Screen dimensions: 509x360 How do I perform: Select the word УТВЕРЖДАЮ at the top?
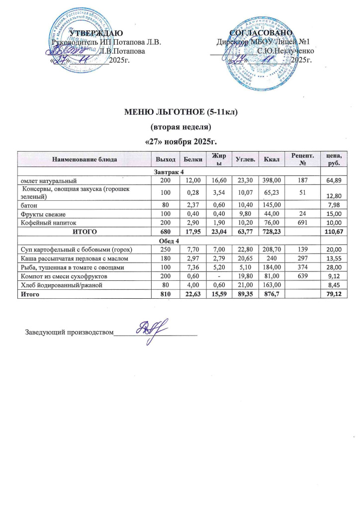(x=94, y=33)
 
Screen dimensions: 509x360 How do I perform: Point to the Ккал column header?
(x=271, y=160)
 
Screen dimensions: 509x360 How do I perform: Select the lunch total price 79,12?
(x=333, y=294)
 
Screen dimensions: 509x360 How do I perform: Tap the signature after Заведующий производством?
(x=155, y=329)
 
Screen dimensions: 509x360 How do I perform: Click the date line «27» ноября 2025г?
(x=180, y=142)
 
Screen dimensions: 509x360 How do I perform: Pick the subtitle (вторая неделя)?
(x=180, y=126)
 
